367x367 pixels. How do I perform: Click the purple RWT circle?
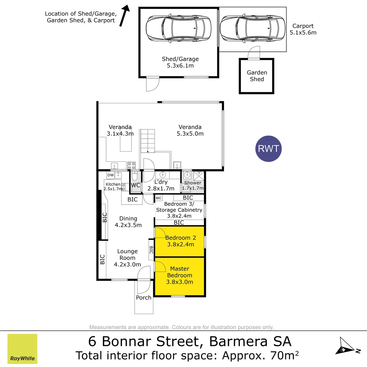268,148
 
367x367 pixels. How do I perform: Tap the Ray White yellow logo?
22,349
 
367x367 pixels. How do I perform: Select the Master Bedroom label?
179,275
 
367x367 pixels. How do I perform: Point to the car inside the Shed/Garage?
178,28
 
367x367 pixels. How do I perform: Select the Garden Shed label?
257,76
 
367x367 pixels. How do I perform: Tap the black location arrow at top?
124,16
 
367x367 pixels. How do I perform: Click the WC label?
136,186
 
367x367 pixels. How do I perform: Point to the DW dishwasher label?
110,175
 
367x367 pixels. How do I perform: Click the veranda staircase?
147,141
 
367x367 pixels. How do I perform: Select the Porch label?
143,298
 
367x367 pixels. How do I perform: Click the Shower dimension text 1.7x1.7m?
193,188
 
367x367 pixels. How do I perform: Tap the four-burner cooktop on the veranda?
132,166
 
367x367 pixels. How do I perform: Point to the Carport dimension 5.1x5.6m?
303,33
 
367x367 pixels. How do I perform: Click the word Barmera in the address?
238,341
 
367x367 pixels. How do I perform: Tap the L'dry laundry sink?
163,175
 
